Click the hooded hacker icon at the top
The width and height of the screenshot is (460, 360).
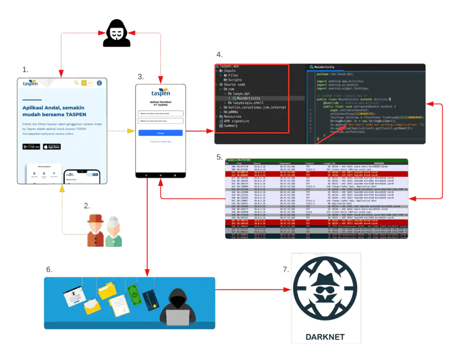pyautogui.click(x=116, y=33)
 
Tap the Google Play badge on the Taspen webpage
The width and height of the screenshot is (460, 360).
pyautogui.click(x=31, y=147)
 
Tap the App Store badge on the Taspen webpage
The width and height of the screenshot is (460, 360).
pyautogui.click(x=52, y=147)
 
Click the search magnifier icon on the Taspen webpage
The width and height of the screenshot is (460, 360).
pyautogui.click(x=76, y=83)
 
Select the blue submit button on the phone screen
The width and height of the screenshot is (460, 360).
pyautogui.click(x=160, y=133)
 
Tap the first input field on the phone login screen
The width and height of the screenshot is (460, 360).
pyautogui.click(x=160, y=113)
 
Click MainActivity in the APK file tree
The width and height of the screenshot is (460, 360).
pyautogui.click(x=248, y=98)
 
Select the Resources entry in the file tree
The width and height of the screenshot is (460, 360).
pyautogui.click(x=232, y=117)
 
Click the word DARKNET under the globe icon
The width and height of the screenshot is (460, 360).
pyautogui.click(x=326, y=337)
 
